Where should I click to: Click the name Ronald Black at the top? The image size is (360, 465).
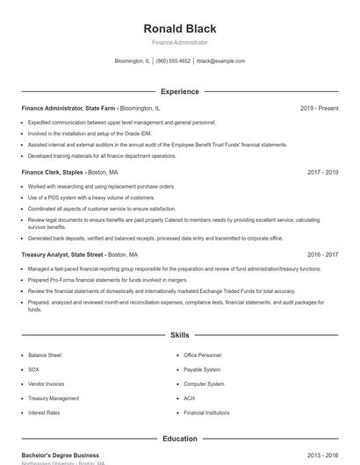(x=180, y=28)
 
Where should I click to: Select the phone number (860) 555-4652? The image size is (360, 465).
(x=174, y=61)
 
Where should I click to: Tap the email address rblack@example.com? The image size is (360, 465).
(x=220, y=61)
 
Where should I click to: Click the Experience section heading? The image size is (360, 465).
(x=180, y=91)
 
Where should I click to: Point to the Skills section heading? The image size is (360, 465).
(x=180, y=335)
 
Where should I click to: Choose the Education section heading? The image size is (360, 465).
(x=180, y=439)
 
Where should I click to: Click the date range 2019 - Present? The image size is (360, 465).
(x=319, y=108)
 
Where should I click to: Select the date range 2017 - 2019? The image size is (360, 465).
(x=322, y=173)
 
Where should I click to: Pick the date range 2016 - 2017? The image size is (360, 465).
(x=322, y=254)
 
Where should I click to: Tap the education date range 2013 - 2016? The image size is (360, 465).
(x=322, y=456)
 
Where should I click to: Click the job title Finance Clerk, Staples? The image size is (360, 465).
(x=53, y=173)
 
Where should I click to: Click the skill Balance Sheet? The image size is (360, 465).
(x=45, y=355)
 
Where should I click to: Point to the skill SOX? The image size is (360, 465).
(x=33, y=369)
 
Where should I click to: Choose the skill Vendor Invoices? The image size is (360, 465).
(x=46, y=383)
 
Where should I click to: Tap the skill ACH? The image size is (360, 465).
(x=189, y=398)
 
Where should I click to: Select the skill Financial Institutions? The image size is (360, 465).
(x=206, y=412)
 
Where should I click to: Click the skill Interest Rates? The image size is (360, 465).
(x=44, y=412)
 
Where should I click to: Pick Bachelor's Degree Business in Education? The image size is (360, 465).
(x=60, y=456)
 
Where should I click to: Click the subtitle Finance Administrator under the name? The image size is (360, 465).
(x=180, y=42)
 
